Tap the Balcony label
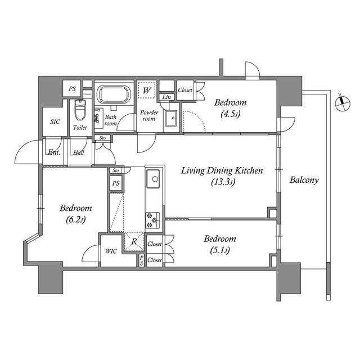coord(304,181)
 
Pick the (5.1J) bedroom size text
coord(216,250)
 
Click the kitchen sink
coord(153,181)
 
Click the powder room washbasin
coord(172,118)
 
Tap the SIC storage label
coord(55,121)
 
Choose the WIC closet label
coord(111,251)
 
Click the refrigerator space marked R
coord(133,241)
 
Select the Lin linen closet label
coord(166,97)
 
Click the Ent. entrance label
coord(55,152)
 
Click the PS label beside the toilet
coord(73,88)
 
